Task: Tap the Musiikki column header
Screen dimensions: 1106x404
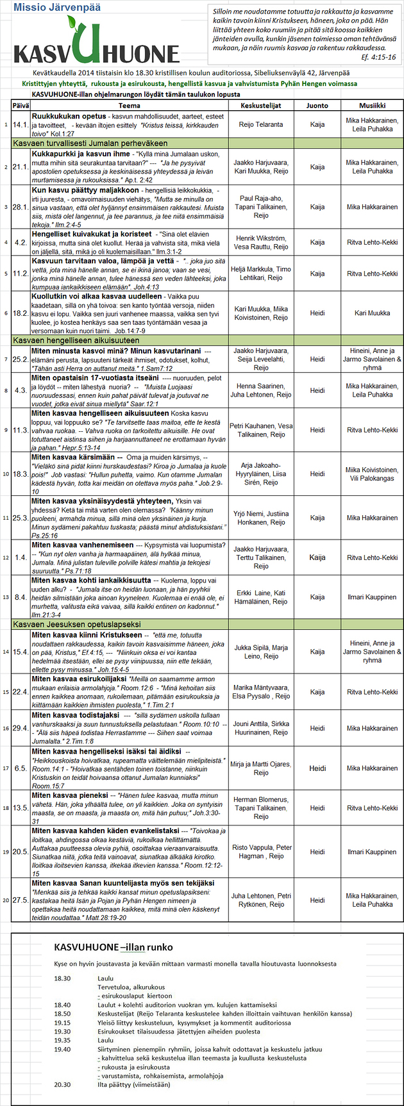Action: [x=372, y=105]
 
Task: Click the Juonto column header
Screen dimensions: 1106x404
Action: [x=317, y=105]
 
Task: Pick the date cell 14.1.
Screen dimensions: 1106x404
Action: [x=20, y=125]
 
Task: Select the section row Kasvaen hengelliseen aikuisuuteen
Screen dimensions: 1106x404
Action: [x=76, y=340]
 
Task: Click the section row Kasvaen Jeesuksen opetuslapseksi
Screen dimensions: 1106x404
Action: [x=76, y=624]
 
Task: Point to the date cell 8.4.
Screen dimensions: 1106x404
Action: [x=21, y=597]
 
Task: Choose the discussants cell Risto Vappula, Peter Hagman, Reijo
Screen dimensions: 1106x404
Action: [x=261, y=852]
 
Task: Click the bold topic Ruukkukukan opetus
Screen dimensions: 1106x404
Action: [x=69, y=117]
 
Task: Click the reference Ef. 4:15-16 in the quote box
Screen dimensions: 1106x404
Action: [x=378, y=58]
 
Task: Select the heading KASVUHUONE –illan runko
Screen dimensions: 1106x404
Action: [x=113, y=946]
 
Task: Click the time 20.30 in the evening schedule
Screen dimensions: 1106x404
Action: [x=62, y=1084]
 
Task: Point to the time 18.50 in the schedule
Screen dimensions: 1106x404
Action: [x=62, y=1014]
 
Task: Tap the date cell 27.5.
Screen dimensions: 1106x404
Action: [x=20, y=900]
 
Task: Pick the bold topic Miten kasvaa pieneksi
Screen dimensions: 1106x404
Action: [x=71, y=795]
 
